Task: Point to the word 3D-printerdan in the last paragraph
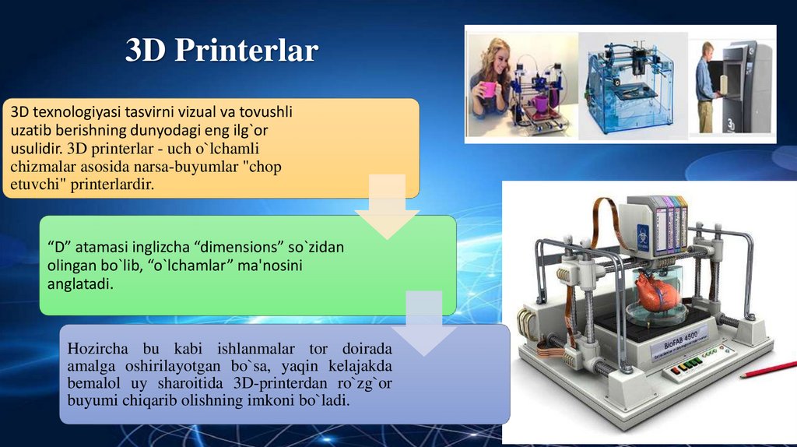click(280, 384)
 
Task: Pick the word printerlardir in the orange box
click(112, 184)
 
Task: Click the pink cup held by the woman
click(489, 90)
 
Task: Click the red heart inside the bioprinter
click(656, 294)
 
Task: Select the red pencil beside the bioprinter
click(767, 368)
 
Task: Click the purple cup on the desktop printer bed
click(541, 103)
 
